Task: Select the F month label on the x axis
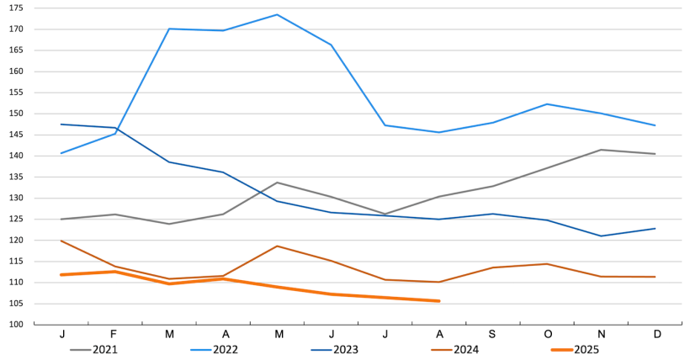(x=115, y=334)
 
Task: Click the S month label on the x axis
(x=493, y=334)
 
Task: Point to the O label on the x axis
(x=547, y=334)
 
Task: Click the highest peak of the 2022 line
(x=277, y=14)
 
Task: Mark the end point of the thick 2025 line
(x=438, y=301)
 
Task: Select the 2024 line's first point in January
(x=61, y=241)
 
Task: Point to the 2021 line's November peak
(x=601, y=150)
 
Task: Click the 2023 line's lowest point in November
(x=601, y=236)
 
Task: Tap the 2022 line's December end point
(x=655, y=125)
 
